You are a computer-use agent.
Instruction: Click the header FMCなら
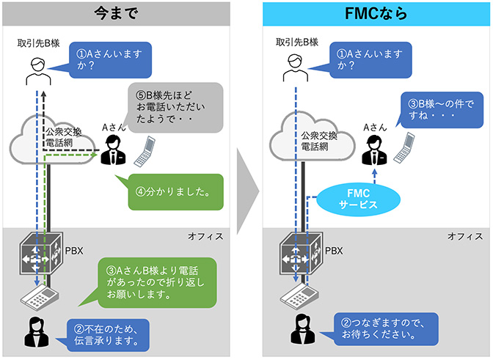click(x=377, y=12)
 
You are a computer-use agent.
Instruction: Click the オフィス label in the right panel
click(x=464, y=236)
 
